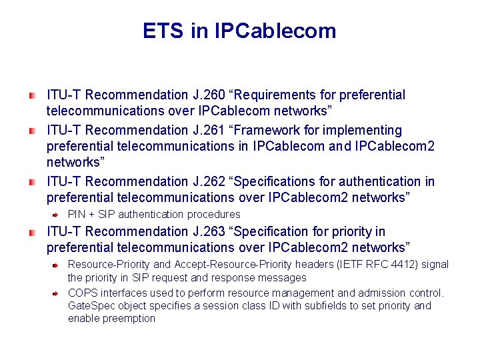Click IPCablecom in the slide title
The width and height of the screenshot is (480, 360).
pos(275,31)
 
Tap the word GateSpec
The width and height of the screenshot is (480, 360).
pos(91,306)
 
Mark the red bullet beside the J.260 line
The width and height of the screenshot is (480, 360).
pos(32,96)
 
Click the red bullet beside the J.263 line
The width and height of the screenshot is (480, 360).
pos(32,232)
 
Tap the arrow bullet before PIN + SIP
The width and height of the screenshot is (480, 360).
pos(57,215)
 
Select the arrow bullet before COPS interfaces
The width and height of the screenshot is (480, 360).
pos(57,293)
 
